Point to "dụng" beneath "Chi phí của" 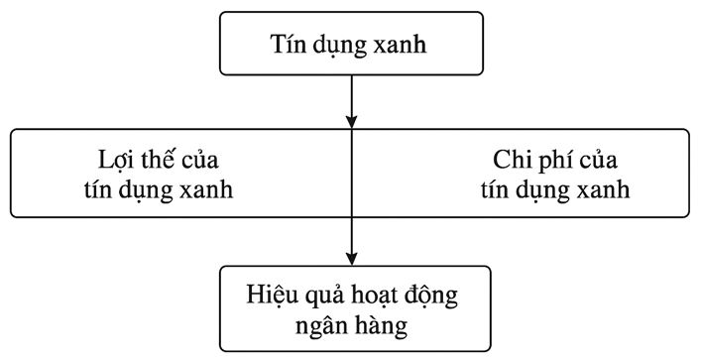coord(535,190)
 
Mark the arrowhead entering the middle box coord(352,122)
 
